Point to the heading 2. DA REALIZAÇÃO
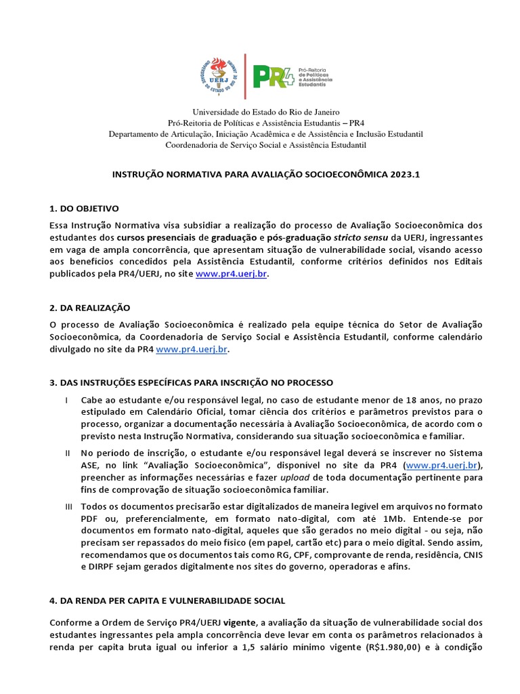90,308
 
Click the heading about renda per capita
167,600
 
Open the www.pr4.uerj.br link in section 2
192,350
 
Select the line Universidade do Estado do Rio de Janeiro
266,112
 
